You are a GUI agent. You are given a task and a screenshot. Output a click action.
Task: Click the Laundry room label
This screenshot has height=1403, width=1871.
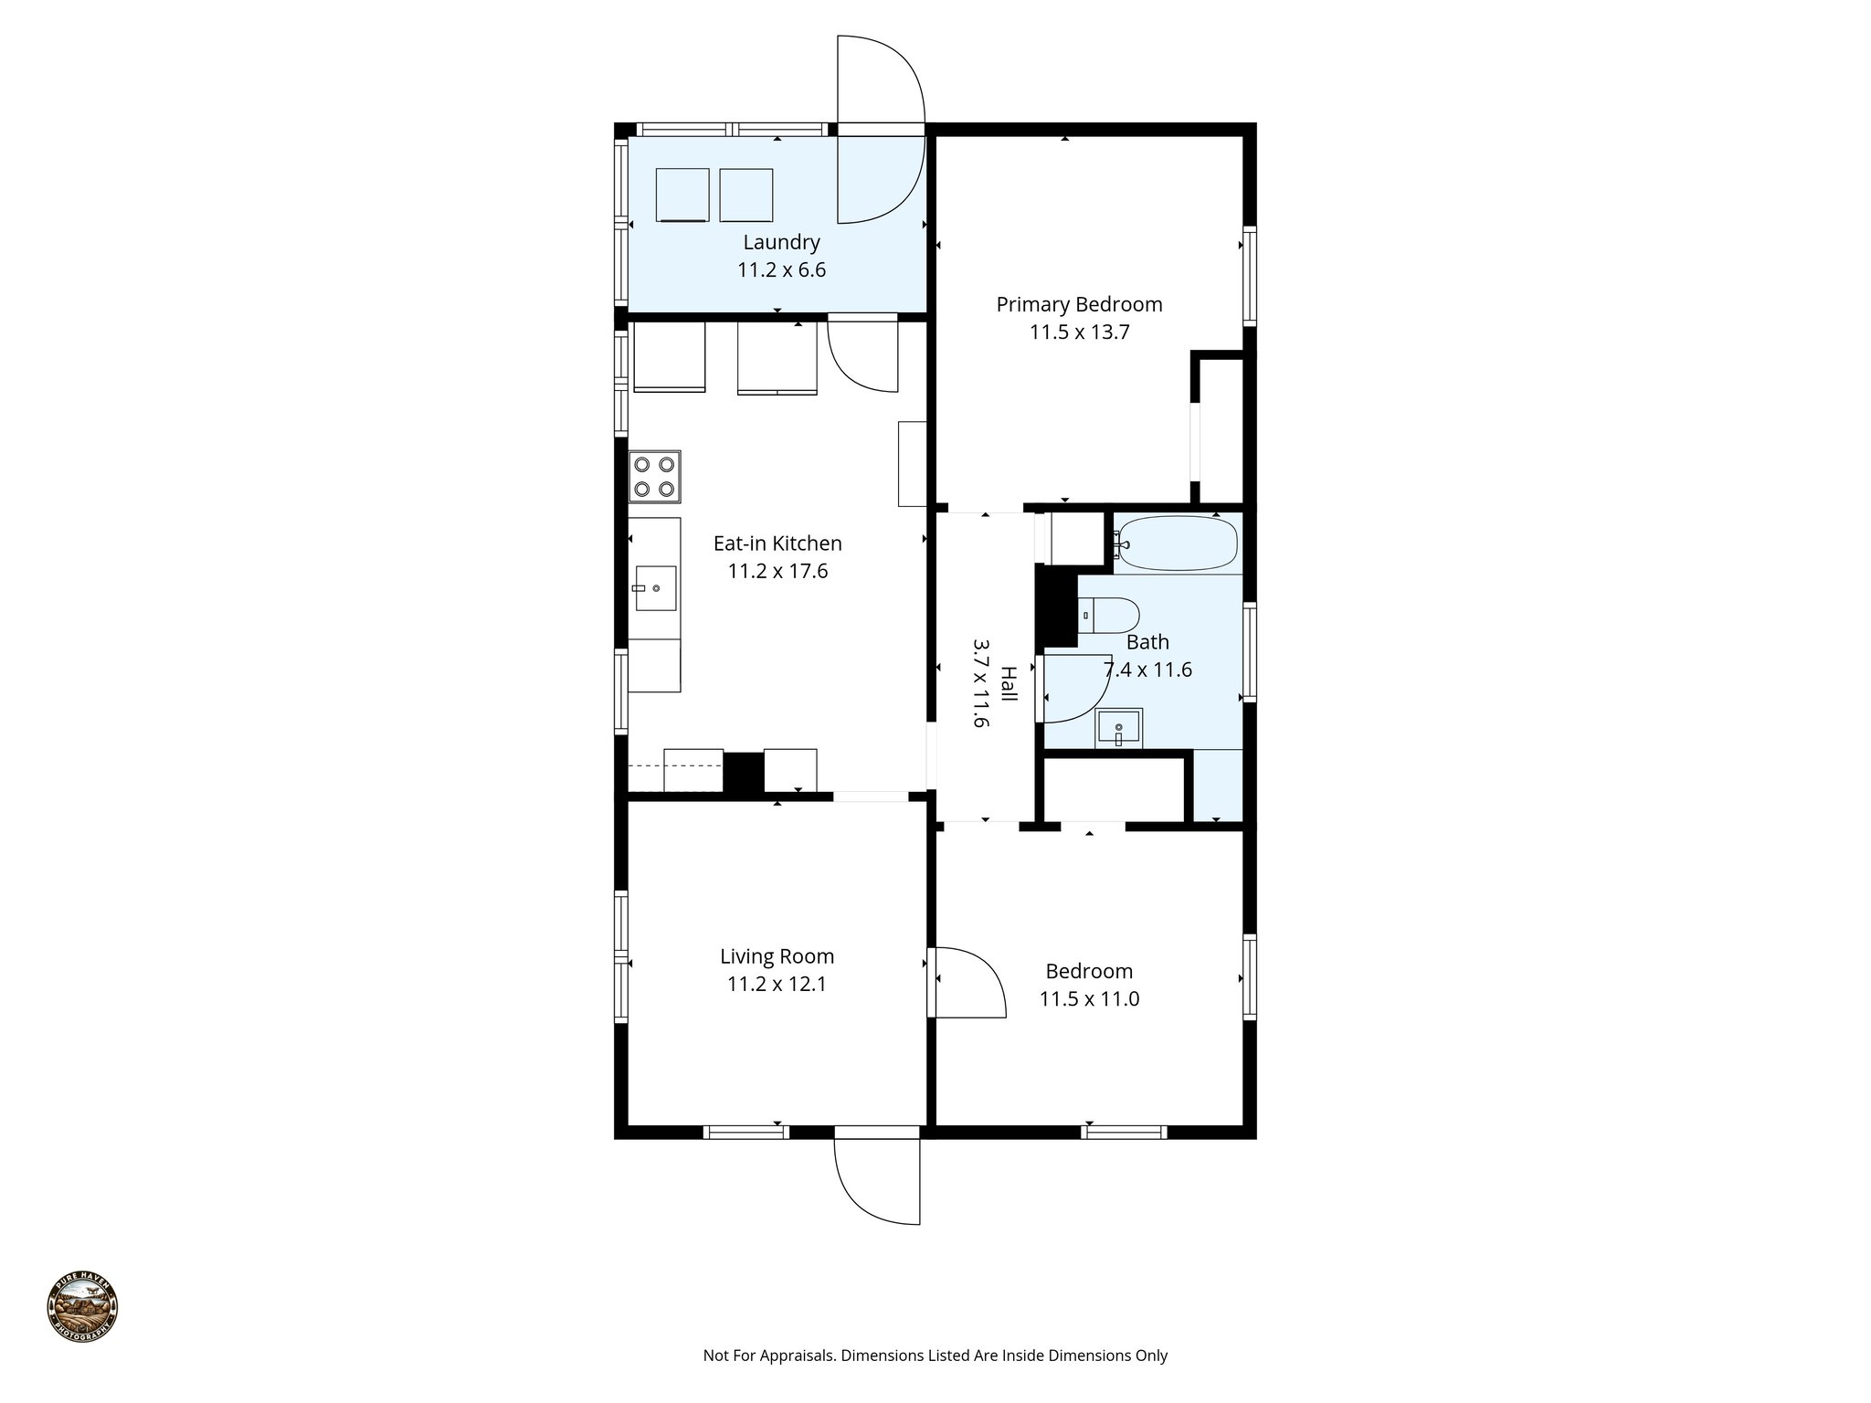click(x=781, y=243)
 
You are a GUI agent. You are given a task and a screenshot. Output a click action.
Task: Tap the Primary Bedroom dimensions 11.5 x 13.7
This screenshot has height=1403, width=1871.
click(x=1079, y=332)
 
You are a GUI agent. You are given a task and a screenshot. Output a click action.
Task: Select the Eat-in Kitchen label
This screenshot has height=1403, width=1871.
click(x=777, y=543)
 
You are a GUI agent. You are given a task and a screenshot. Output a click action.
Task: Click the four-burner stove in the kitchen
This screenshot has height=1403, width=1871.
click(x=654, y=477)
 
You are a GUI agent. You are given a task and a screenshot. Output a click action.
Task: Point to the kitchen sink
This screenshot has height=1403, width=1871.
click(x=655, y=588)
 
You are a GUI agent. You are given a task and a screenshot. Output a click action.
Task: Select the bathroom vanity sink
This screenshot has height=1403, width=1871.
click(x=1118, y=729)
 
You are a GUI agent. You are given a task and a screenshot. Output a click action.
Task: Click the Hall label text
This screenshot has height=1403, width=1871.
click(x=1008, y=683)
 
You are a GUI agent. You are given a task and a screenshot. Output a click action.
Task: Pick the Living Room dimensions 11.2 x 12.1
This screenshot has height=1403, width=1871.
click(x=777, y=985)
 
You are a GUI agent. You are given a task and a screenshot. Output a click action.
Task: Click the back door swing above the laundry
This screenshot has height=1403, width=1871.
click(x=882, y=82)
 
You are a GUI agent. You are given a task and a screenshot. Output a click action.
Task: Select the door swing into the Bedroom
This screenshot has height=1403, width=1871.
click(x=968, y=983)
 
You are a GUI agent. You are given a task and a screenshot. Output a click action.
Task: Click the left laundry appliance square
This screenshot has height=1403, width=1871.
click(x=682, y=195)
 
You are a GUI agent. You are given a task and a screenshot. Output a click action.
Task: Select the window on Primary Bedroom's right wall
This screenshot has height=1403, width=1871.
click(x=1249, y=276)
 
